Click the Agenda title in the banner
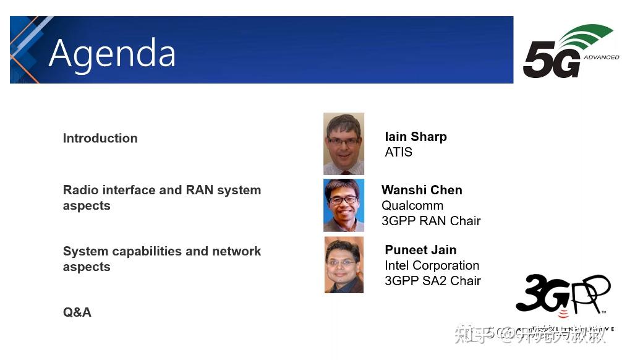[x=112, y=53]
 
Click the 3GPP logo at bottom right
[x=563, y=296]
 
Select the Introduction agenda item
[x=100, y=139]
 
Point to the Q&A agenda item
[x=77, y=312]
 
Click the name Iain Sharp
[x=415, y=137]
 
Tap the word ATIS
[x=398, y=152]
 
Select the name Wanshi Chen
[x=422, y=190]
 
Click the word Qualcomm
[x=412, y=205]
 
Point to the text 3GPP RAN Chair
[x=431, y=221]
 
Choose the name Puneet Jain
[x=420, y=250]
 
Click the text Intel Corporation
[x=432, y=265]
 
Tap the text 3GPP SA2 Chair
[x=432, y=281]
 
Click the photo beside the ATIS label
[x=344, y=144]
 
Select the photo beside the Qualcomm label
[x=344, y=205]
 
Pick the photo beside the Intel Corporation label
[x=344, y=265]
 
